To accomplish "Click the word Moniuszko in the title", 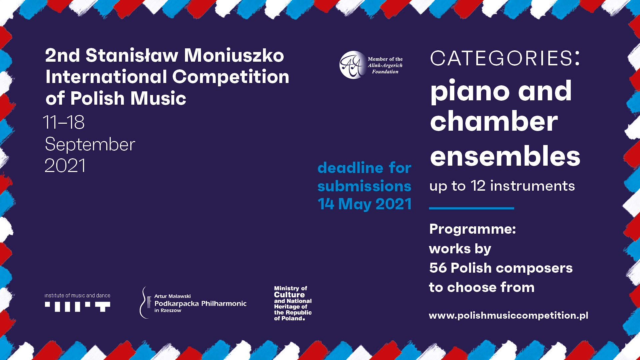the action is tap(234, 55).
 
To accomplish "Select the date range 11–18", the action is tap(64, 122).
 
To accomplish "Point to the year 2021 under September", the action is tap(65, 166).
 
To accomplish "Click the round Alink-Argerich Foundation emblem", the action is tap(353, 65).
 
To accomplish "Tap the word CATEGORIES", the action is tap(501, 58).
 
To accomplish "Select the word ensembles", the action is tap(505, 156).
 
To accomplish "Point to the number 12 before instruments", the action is tap(478, 186).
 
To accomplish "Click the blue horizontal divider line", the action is tap(471, 208).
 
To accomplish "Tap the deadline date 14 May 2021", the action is tap(365, 204).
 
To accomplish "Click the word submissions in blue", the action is tap(364, 186).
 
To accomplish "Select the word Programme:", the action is tap(473, 229).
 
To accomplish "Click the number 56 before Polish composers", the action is tap(438, 268).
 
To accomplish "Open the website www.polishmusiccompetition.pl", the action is tap(508, 315).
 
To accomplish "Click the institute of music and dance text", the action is tap(77, 296).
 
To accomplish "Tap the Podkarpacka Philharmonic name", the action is tap(200, 304).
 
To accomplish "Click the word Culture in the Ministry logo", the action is tap(289, 295).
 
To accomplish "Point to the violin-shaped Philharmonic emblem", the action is tap(145, 302).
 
